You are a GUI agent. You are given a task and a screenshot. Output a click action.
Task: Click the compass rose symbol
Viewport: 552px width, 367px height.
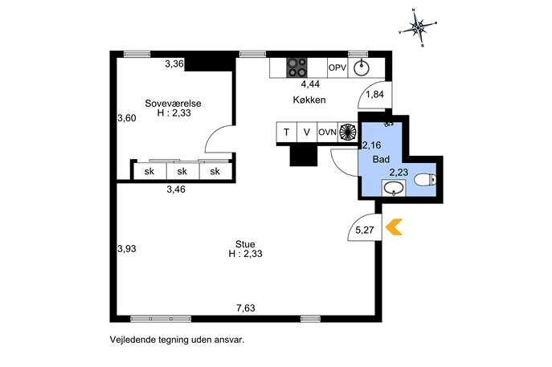[x=418, y=27]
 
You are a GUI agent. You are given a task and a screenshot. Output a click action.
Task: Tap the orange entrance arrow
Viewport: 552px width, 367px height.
[x=394, y=227]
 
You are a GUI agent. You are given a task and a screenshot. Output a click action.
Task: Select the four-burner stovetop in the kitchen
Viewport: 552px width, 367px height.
[x=296, y=67]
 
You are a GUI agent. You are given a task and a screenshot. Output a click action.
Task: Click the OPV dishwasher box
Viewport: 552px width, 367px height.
[x=337, y=67]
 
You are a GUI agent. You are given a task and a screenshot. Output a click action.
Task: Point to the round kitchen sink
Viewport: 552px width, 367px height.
[x=362, y=68]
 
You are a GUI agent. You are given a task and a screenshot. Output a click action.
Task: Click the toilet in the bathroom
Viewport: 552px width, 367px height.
[x=425, y=180]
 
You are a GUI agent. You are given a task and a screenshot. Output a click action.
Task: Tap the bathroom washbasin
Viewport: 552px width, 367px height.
[x=394, y=188]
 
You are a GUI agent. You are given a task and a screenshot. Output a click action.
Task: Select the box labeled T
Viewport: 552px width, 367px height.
[x=287, y=133]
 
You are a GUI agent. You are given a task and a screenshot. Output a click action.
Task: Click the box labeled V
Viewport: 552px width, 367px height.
[x=307, y=133]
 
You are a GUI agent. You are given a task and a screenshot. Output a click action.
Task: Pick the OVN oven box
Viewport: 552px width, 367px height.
[x=327, y=133]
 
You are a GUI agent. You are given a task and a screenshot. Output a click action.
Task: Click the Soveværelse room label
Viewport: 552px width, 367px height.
[x=174, y=104]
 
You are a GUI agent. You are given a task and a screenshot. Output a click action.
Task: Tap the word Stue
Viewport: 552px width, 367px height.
[x=245, y=244]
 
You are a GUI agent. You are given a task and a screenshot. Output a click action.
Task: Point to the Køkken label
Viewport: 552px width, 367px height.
[x=309, y=100]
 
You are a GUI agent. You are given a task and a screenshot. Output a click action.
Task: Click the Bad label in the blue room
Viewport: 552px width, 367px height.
[x=382, y=159]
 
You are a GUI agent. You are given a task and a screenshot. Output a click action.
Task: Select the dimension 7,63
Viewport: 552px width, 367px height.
[x=246, y=308]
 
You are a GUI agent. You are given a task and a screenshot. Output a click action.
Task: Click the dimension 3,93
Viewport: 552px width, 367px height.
[x=127, y=249]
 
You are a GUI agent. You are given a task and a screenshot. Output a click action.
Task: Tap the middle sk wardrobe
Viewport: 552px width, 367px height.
[x=182, y=171]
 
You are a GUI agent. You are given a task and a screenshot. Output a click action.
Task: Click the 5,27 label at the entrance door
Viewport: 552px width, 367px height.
[x=365, y=230]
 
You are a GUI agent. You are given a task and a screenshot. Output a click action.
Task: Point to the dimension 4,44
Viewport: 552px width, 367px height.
[x=310, y=84]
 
